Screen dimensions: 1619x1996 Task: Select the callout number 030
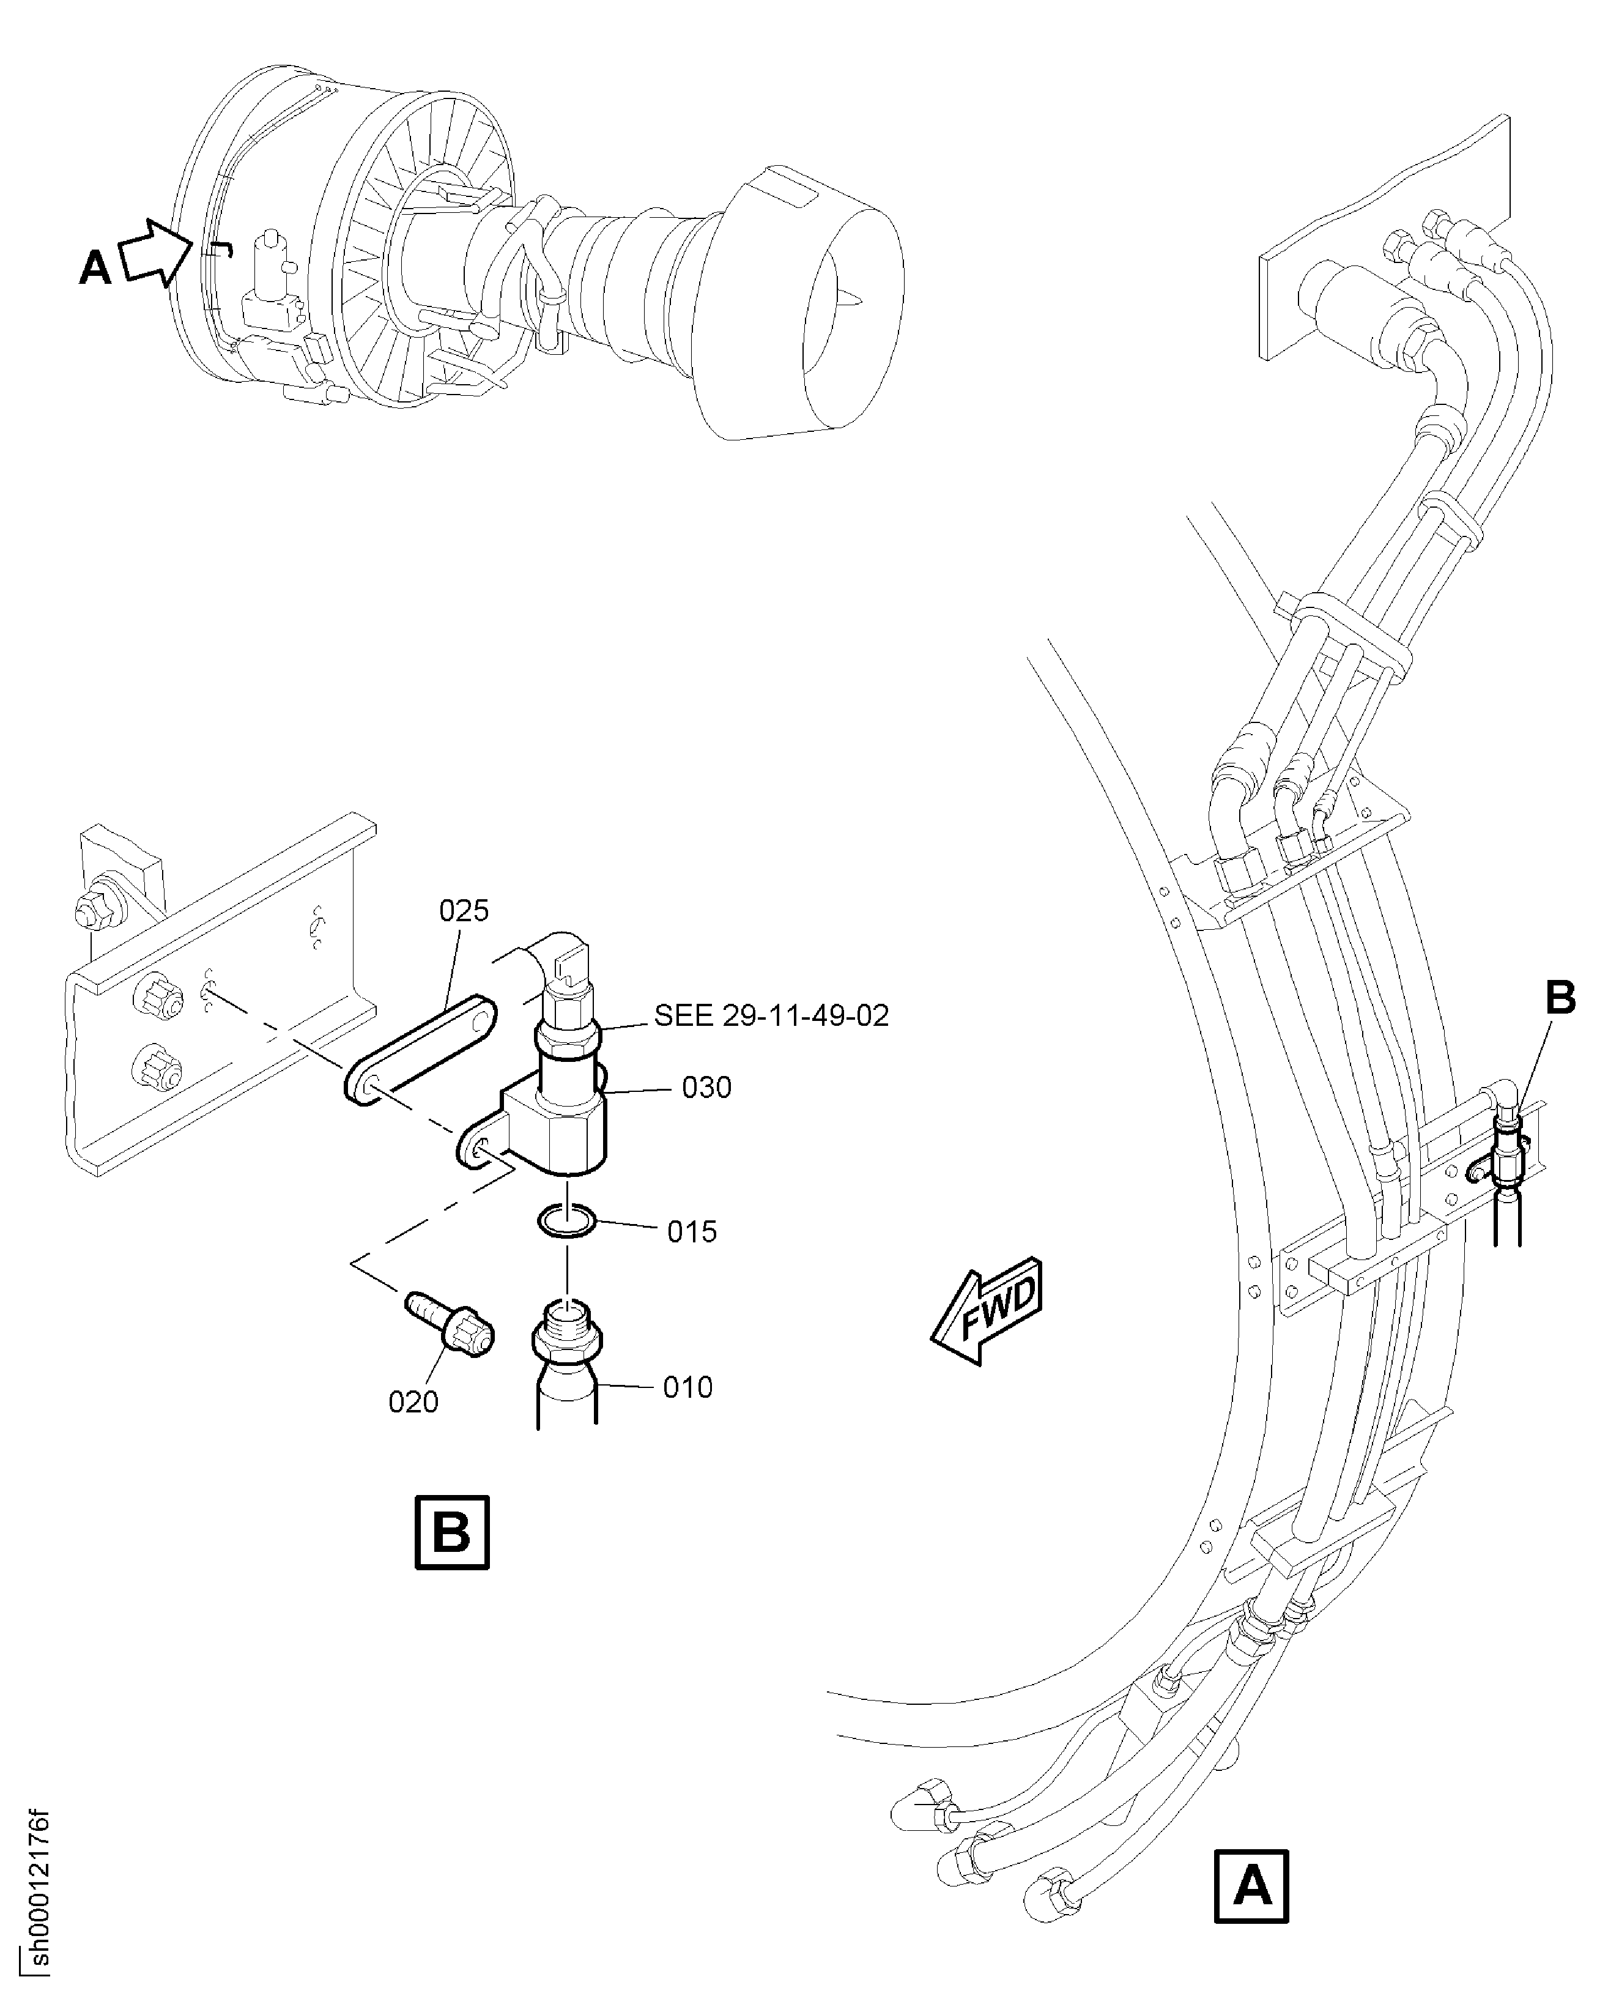(707, 1088)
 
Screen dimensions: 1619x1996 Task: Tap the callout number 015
(692, 1232)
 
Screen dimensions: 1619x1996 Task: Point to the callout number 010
(688, 1388)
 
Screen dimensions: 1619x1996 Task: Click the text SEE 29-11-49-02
(771, 1015)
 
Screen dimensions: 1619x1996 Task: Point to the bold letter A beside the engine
(95, 269)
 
